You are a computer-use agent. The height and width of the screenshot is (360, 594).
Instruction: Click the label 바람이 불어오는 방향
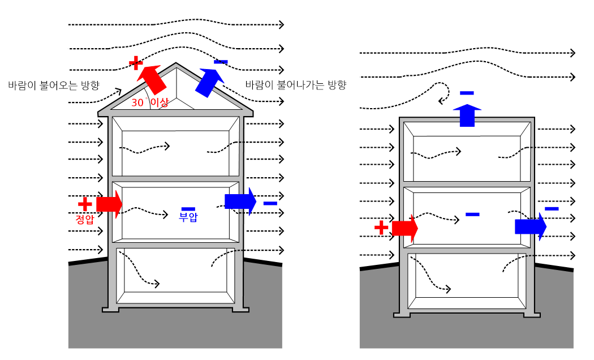point(54,85)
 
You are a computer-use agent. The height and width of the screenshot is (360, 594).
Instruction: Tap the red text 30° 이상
point(150,102)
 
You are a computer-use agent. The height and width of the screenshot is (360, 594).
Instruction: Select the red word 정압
point(84,220)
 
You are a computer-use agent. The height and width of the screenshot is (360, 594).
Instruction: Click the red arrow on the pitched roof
point(153,79)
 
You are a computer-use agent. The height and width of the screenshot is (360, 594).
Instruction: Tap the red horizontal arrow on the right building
point(404,228)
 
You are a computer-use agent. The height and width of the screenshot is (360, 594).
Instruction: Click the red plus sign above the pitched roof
point(136,62)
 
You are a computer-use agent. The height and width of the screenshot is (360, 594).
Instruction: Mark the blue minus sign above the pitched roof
point(221,62)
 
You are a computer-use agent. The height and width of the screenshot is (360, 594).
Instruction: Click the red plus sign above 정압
point(84,204)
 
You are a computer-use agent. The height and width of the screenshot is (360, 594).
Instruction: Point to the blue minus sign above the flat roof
point(467,93)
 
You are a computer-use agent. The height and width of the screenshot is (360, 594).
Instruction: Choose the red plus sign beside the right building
point(381,228)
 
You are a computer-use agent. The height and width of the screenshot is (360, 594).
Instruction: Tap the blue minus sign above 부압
point(188,208)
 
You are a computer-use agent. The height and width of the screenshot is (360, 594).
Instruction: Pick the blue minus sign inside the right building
point(472,214)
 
